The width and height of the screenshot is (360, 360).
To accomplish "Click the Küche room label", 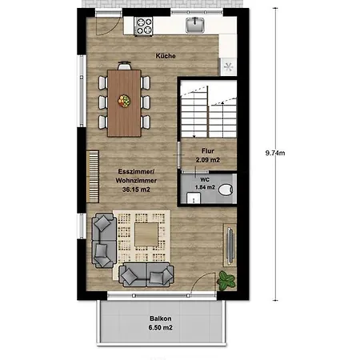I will [166, 56].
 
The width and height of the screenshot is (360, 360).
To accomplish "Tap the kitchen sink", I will [196, 26].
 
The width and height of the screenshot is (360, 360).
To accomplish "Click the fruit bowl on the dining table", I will [124, 101].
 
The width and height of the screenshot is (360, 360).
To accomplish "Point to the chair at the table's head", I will [124, 66].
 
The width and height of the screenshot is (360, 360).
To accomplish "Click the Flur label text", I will [207, 150].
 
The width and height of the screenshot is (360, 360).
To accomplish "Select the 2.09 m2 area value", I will [207, 160].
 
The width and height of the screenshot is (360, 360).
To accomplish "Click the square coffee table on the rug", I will [146, 234].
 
